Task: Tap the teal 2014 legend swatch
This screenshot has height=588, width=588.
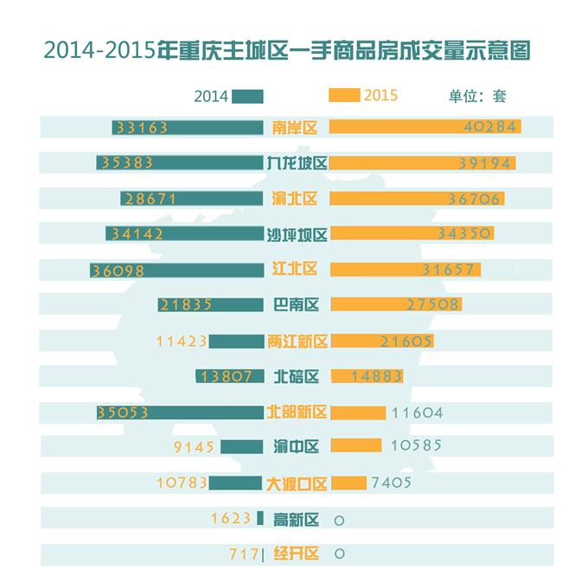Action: [248, 96]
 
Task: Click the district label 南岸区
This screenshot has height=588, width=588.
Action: [295, 128]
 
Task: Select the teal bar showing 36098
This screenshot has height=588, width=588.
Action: [176, 270]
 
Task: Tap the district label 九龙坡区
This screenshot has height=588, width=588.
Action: [297, 163]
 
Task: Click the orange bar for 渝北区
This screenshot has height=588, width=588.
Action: [418, 199]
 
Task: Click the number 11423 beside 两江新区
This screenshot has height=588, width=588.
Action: [182, 342]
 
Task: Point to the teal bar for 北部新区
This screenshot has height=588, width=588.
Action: [181, 412]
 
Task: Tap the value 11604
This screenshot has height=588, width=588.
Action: [417, 412]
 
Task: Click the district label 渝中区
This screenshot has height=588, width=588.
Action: [296, 447]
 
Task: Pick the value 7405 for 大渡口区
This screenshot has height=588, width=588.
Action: [390, 483]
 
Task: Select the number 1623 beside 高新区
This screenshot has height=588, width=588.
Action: [230, 519]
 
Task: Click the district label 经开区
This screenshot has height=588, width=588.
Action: [296, 554]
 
